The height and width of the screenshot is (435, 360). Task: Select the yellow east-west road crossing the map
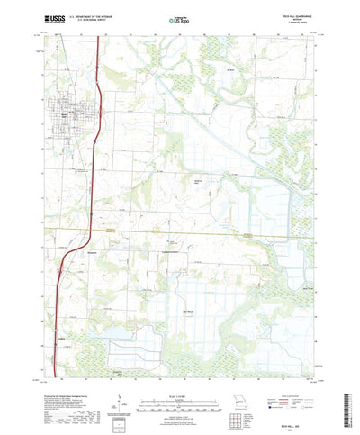coord(180,233)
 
